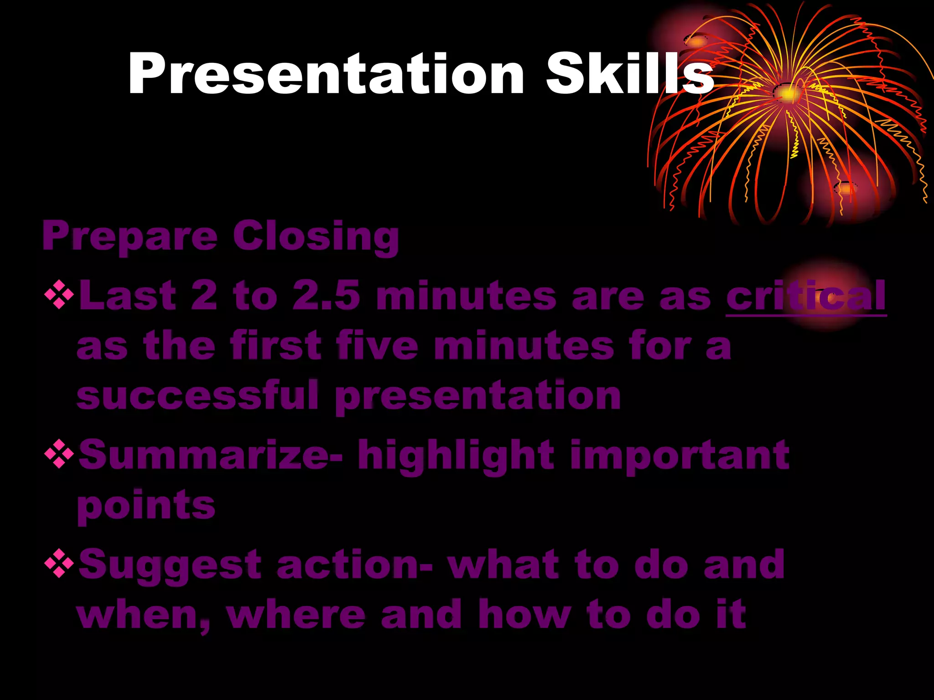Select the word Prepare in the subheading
130,237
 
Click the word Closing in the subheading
316,237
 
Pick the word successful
197,396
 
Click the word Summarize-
210,455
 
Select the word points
146,506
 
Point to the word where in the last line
296,615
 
